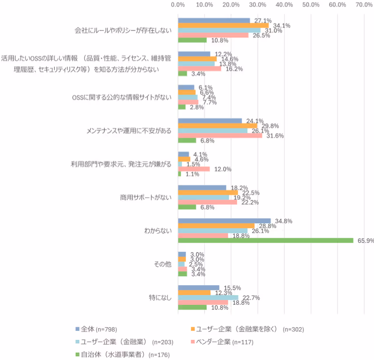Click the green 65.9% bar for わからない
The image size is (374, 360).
(265, 240)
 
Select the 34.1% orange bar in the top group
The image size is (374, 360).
(223, 25)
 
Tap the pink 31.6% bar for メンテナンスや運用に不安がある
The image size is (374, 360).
(220, 136)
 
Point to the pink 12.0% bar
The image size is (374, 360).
(194, 169)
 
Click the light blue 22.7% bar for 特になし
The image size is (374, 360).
(208, 298)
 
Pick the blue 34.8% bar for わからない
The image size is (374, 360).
(224, 221)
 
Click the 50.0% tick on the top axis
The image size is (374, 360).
(311, 5)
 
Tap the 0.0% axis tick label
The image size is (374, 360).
(178, 5)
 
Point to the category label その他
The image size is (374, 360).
(163, 264)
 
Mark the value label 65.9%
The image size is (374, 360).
(364, 240)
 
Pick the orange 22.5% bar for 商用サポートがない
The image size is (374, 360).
(208, 192)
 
